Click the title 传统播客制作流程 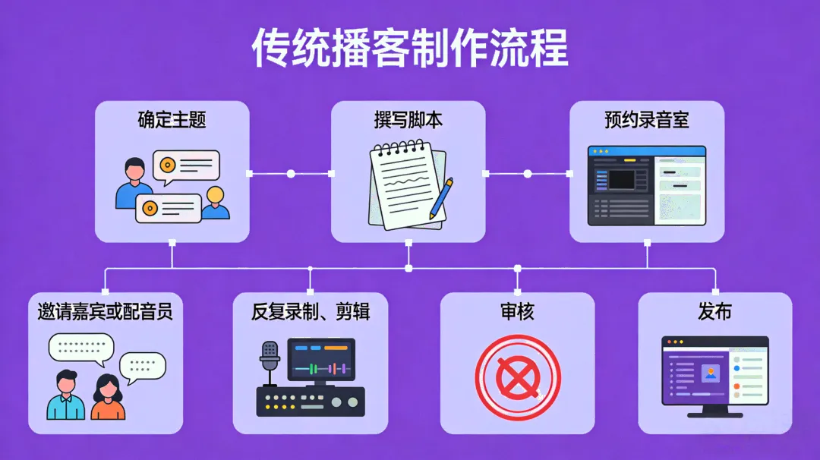(x=410, y=50)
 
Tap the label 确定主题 (x=172, y=120)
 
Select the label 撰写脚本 (x=408, y=120)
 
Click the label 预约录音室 (x=647, y=120)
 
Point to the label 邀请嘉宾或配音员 (x=106, y=311)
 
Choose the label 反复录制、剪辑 (x=311, y=311)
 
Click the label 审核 (x=517, y=311)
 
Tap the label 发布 (x=714, y=311)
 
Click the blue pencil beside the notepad (x=441, y=198)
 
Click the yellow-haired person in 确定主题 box (x=216, y=203)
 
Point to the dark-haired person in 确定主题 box (x=134, y=182)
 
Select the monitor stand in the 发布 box (x=714, y=412)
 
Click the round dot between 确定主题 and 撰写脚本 (x=291, y=174)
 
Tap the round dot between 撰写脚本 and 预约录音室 (x=528, y=174)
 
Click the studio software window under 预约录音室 (x=647, y=186)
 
